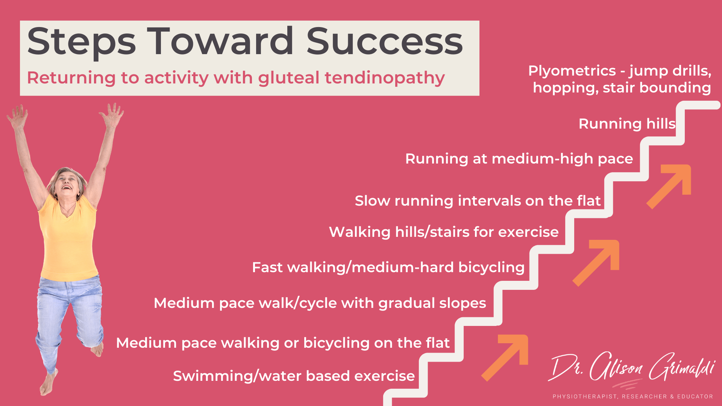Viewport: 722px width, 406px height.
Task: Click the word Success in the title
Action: pos(385,41)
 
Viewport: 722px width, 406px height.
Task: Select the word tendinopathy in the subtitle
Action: pos(385,79)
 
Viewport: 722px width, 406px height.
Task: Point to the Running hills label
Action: pos(627,124)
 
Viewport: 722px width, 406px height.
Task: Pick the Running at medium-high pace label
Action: pos(519,159)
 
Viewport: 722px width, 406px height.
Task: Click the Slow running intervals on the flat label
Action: pos(478,201)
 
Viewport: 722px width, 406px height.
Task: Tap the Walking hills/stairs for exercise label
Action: pos(444,232)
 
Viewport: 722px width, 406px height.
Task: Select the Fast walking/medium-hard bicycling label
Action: pos(388,268)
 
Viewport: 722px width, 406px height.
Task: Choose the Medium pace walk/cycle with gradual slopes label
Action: pos(320,303)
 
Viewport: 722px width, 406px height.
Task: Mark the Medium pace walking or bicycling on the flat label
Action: pos(283,343)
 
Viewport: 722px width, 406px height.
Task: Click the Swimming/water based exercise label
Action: pos(294,376)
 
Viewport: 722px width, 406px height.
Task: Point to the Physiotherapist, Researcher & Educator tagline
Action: pos(633,397)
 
